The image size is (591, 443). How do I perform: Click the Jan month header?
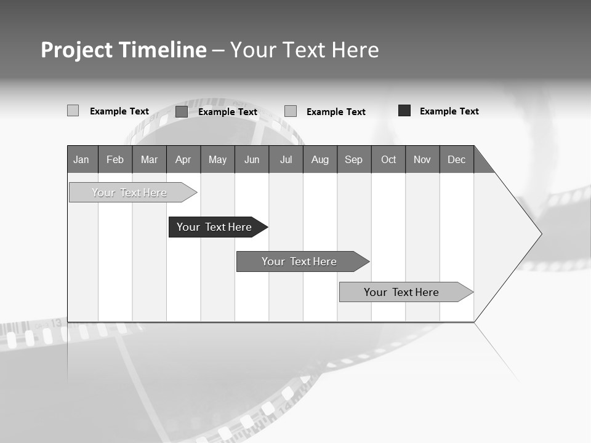click(x=82, y=159)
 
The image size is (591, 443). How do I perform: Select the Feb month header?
click(x=115, y=159)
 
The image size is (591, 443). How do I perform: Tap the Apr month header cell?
click(x=183, y=159)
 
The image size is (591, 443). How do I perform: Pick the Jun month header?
click(x=252, y=159)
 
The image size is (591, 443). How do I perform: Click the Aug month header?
click(x=320, y=159)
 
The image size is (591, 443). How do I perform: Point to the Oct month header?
click(x=388, y=159)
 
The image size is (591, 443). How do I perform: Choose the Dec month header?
click(x=457, y=159)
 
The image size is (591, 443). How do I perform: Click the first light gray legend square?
click(x=73, y=111)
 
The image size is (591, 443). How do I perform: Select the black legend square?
click(x=404, y=111)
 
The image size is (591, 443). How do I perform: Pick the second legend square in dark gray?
click(x=182, y=111)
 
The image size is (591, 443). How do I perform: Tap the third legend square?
click(x=291, y=111)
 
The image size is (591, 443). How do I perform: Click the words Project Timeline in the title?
click(x=124, y=50)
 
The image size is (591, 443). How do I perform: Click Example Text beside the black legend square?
click(x=449, y=111)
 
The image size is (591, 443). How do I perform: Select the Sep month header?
click(x=354, y=159)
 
